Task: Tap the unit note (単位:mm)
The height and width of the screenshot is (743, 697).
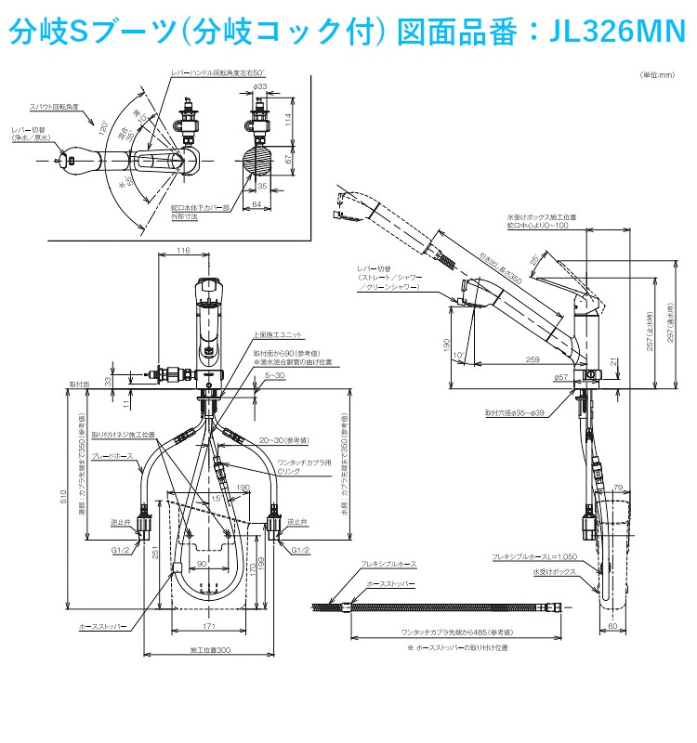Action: coord(656,75)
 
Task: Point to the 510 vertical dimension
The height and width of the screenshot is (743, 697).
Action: coord(63,498)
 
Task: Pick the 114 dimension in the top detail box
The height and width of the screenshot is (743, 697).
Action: coord(289,119)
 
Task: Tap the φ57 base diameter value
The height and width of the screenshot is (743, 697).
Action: coord(560,377)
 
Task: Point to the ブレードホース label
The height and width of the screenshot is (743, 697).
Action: coord(115,456)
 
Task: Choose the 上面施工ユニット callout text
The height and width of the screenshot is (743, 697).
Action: coord(276,333)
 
